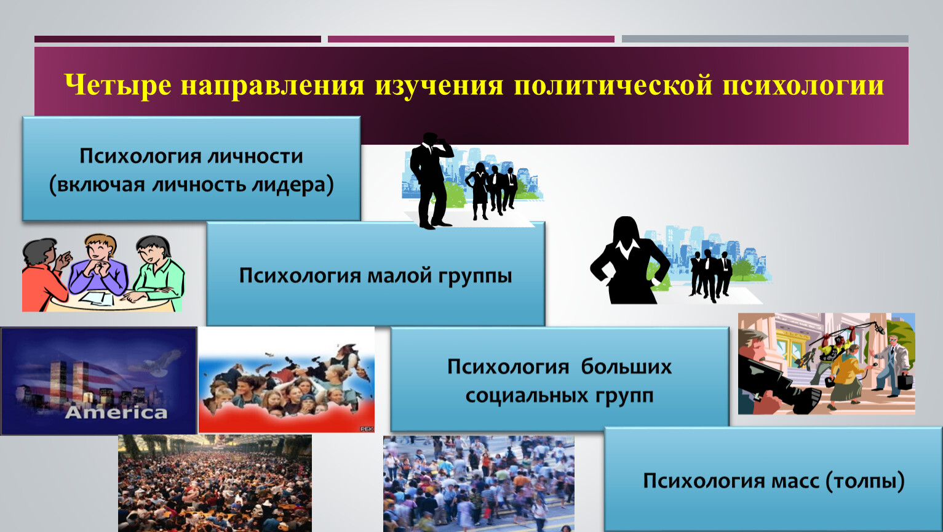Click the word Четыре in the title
(118, 85)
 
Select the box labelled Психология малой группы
(376, 273)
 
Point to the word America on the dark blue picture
(116, 413)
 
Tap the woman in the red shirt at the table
(45, 275)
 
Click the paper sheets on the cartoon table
(98, 298)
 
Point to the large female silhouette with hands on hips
(629, 260)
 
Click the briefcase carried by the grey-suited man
(905, 382)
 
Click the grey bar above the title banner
(765, 39)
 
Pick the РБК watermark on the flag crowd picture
(366, 429)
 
